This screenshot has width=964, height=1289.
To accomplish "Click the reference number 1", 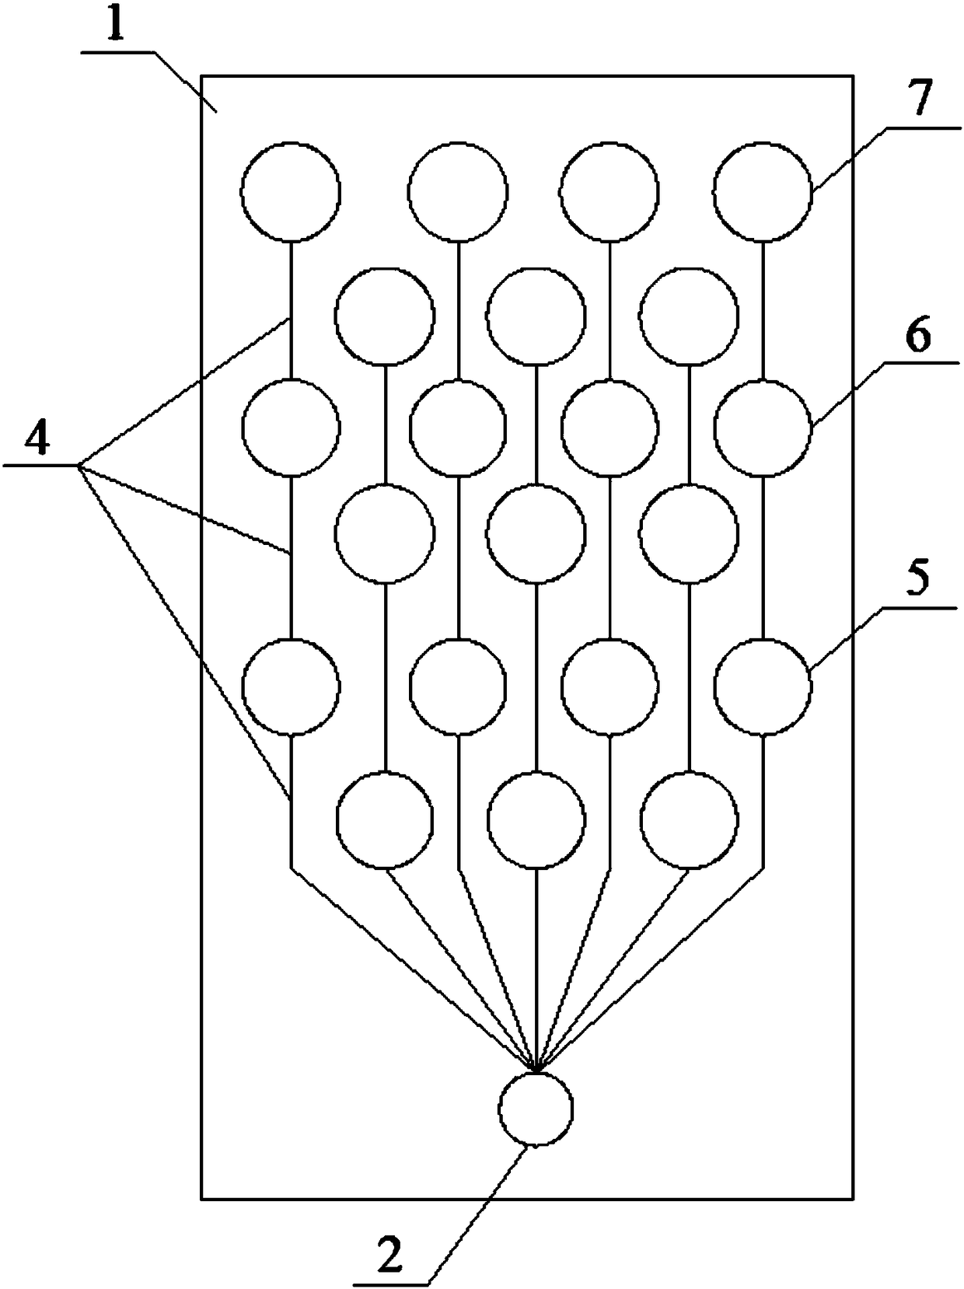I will click(116, 26).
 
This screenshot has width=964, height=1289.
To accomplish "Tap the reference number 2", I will click(391, 1253).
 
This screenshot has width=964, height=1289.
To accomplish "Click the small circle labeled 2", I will click(536, 1108).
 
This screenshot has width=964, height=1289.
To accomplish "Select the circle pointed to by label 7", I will click(763, 191).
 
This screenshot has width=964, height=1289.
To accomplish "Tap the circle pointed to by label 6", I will click(763, 427).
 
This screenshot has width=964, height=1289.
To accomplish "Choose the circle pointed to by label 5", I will click(763, 686).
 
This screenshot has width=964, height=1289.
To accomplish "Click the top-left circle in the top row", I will click(291, 191).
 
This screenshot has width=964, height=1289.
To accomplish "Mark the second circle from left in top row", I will click(459, 191).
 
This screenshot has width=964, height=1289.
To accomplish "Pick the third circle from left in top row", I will click(609, 191).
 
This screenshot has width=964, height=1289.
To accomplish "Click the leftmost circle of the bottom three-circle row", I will click(385, 819).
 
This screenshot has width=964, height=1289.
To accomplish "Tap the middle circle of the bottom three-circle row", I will click(536, 819).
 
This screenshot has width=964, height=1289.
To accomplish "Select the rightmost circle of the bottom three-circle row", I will click(689, 819).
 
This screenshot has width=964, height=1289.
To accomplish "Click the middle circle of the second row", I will click(536, 316).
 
